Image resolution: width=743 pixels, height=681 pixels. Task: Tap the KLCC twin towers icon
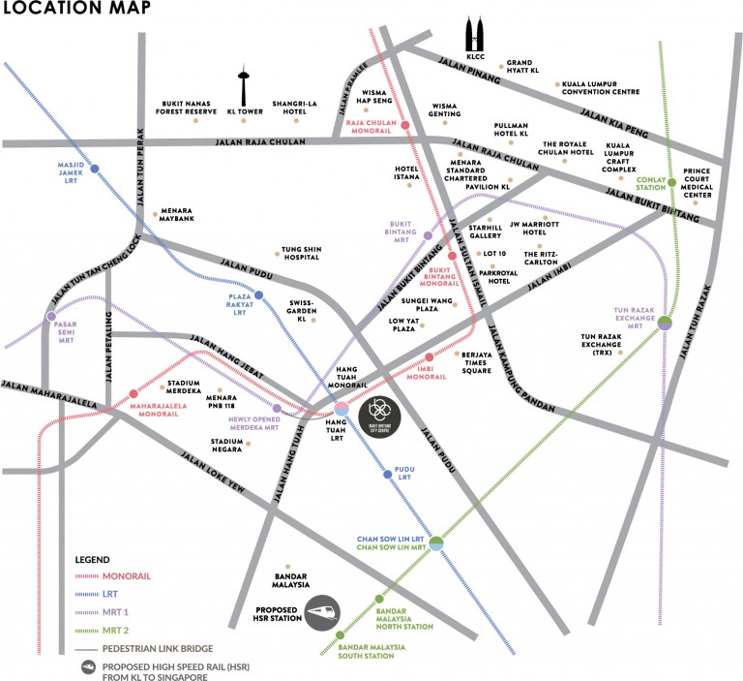[474, 36]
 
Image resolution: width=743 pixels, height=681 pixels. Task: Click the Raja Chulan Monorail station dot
[405, 125]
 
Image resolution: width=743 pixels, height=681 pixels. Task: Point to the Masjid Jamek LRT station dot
[94, 167]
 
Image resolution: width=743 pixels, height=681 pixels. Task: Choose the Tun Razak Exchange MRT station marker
[666, 324]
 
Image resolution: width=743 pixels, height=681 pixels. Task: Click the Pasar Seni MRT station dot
[51, 316]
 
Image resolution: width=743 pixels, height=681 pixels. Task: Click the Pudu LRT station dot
[387, 475]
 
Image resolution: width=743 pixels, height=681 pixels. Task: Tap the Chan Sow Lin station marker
[436, 543]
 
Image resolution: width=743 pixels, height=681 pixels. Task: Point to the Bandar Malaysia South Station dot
[340, 635]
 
